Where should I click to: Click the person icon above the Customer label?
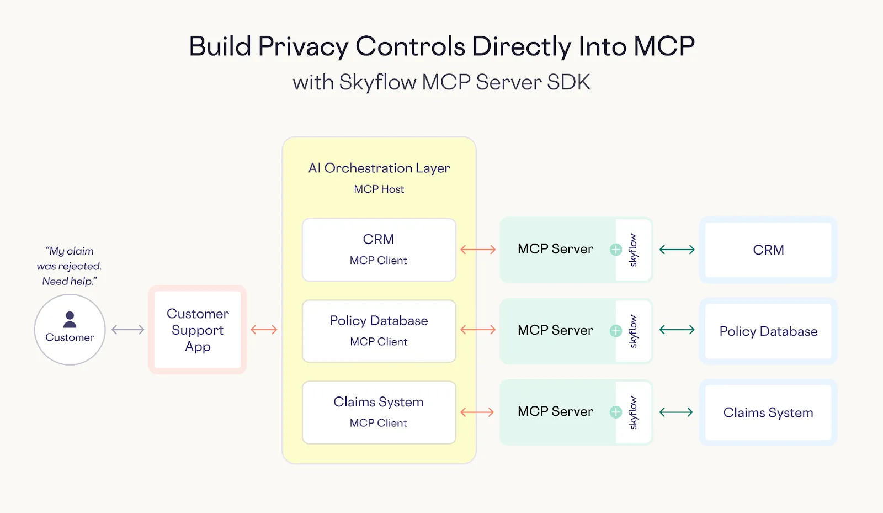point(70,319)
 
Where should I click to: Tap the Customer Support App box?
point(198,330)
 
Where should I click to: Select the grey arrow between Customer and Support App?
point(127,330)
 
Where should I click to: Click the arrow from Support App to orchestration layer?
point(264,330)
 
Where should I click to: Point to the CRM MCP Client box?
point(379,250)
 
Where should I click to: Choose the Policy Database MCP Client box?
point(379,331)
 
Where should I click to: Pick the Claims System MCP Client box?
point(379,412)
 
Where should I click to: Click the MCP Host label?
point(379,189)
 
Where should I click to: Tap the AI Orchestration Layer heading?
point(379,168)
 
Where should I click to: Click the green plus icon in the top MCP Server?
point(616,250)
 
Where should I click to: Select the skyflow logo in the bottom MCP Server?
point(633,412)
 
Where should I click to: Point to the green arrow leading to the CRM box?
point(677,250)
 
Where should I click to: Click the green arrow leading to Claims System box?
point(677,412)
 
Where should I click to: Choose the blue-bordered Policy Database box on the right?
point(768,331)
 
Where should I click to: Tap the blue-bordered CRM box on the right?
point(768,250)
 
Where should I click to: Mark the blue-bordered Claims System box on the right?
point(768,412)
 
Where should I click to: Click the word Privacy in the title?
point(303,46)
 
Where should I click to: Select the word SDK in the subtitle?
point(568,82)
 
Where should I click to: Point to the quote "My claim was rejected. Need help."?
point(70,266)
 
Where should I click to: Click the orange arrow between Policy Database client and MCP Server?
point(478,330)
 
